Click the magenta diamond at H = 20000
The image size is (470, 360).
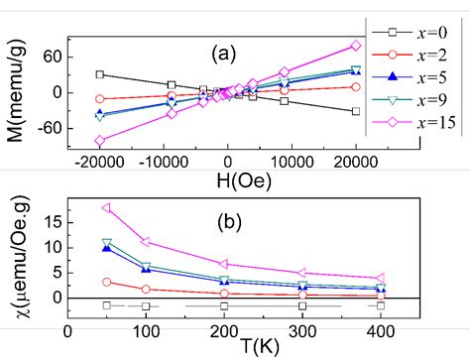coord(356,46)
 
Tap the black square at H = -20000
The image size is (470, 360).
coord(99,74)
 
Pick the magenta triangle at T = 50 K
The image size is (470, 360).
coord(107,208)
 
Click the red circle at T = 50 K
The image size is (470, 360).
coord(107,282)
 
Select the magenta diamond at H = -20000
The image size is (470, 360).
coord(99,141)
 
